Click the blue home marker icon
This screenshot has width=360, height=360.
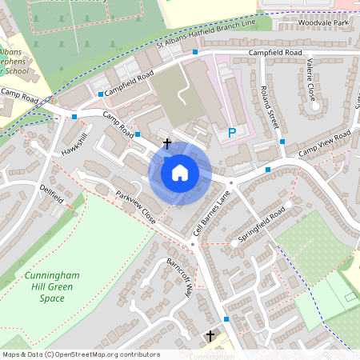[x=180, y=172]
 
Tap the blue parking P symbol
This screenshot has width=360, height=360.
[x=232, y=133]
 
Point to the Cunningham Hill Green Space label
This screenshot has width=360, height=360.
[x=51, y=286]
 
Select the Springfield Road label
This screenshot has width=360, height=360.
[x=262, y=227]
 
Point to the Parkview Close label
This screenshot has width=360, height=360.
[x=134, y=206]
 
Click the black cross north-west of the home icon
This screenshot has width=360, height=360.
[x=166, y=143]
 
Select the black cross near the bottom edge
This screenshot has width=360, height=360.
[x=210, y=335]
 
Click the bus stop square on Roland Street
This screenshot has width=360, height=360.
[x=282, y=142]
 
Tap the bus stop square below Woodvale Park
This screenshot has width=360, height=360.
[x=194, y=52]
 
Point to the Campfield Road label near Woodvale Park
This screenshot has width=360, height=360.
[x=278, y=54]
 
